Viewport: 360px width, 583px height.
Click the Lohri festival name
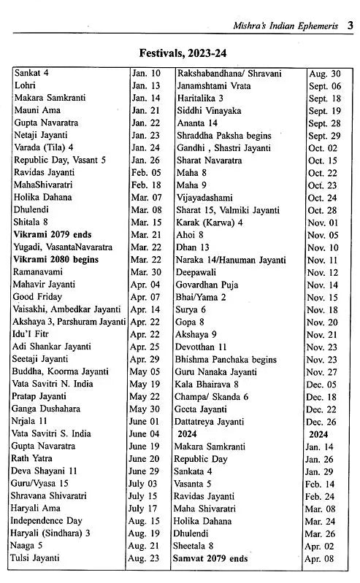pyautogui.click(x=26, y=85)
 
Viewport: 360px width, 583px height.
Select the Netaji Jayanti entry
pyautogui.click(x=41, y=136)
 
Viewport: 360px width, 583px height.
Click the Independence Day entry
pyautogui.click(x=47, y=520)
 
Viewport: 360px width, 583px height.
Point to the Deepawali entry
pyautogui.click(x=199, y=272)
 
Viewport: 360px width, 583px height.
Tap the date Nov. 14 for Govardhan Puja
pyautogui.click(x=322, y=285)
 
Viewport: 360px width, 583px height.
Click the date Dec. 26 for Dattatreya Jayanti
pyautogui.click(x=322, y=421)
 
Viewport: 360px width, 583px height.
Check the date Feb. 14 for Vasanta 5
pyautogui.click(x=322, y=483)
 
